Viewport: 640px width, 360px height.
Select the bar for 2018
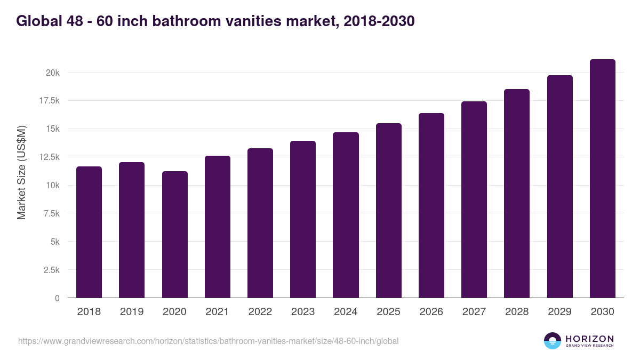pos(89,232)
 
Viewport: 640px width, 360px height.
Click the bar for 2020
pos(174,235)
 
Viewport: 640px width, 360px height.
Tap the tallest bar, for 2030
pos(602,179)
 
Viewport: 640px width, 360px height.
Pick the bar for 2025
pos(388,211)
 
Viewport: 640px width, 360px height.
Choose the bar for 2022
pos(260,223)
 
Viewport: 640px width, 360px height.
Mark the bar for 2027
pos(474,199)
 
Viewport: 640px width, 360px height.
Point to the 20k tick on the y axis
pos(52,73)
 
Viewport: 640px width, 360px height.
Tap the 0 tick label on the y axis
pos(57,298)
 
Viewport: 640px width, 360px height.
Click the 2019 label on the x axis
pos(132,312)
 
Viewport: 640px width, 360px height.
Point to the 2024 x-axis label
pos(346,312)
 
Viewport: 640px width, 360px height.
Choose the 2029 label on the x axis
pos(559,312)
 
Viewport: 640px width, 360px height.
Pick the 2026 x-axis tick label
pos(431,312)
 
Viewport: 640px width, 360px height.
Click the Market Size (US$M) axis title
pos(21,172)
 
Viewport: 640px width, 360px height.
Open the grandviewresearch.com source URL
pos(208,341)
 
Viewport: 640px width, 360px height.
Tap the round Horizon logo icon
pos(553,341)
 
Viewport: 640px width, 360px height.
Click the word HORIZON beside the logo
pos(589,338)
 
